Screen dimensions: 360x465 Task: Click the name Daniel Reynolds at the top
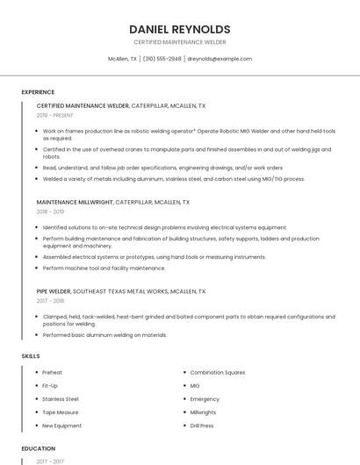(179, 29)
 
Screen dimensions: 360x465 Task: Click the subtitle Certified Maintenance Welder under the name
(179, 42)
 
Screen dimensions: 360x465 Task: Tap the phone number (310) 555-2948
(162, 59)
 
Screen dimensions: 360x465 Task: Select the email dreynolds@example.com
(220, 59)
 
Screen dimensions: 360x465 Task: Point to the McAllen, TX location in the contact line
(122, 59)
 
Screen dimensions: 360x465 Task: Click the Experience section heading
(38, 92)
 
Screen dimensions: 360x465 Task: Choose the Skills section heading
(30, 356)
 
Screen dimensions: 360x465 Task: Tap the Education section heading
(38, 448)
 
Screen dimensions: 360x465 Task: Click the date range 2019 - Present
(54, 115)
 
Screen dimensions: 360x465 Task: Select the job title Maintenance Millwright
(75, 202)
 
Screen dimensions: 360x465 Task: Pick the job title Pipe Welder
(54, 290)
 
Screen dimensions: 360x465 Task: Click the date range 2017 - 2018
(50, 300)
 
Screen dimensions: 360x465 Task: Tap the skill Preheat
(52, 373)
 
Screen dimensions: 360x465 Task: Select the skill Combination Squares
(218, 373)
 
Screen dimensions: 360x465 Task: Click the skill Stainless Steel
(60, 399)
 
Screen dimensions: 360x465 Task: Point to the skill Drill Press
(202, 426)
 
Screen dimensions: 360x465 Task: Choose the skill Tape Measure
(60, 412)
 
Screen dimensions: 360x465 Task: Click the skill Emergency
(205, 399)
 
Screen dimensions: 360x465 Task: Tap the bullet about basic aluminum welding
(104, 334)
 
